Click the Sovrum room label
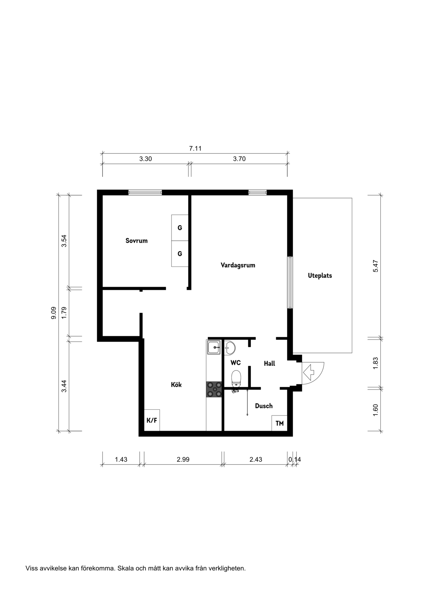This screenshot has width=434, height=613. tap(136, 240)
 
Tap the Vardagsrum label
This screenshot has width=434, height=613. tap(238, 265)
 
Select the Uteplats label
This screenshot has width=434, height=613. tap(320, 275)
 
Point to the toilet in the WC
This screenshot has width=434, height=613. tap(236, 378)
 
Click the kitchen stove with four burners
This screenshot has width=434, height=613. tap(214, 389)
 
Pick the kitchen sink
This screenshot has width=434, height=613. tap(213, 348)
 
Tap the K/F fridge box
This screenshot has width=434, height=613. tap(152, 420)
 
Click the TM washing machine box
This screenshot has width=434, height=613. tap(280, 423)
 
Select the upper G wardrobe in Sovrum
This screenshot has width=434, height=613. tap(180, 228)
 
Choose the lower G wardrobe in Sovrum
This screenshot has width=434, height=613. tap(180, 254)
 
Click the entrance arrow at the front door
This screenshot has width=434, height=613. tap(308, 372)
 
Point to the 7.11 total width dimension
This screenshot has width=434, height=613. tap(195, 149)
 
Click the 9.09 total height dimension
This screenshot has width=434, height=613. tap(54, 313)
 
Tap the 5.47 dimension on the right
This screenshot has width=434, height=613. tap(376, 266)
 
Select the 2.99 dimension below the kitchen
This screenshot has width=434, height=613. tap(183, 460)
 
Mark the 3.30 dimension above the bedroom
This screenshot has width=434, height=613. tap(146, 159)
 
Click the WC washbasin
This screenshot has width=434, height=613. tap(230, 348)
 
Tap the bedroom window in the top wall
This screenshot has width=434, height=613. tap(145, 192)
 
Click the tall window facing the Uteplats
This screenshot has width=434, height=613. tap(290, 282)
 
